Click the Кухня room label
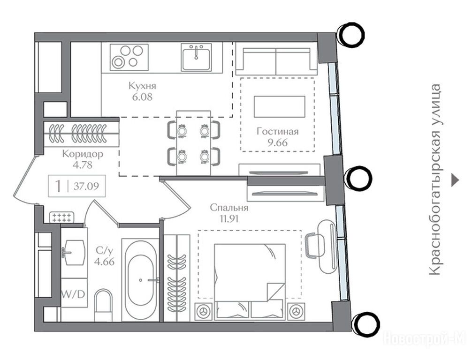[x=142, y=86]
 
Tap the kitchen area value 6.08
[x=142, y=97]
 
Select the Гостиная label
[x=278, y=131]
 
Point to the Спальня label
[x=229, y=208]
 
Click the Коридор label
[x=83, y=154]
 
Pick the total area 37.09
[x=86, y=186]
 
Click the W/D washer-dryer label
[x=73, y=294]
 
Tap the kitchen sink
[x=196, y=57]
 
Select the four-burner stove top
[x=129, y=57]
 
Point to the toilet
[x=103, y=305]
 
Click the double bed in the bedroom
[x=250, y=281]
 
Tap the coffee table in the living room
[x=279, y=106]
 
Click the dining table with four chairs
[x=194, y=142]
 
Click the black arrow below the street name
[x=455, y=180]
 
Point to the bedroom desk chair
[x=312, y=246]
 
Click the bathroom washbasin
[x=74, y=252]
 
